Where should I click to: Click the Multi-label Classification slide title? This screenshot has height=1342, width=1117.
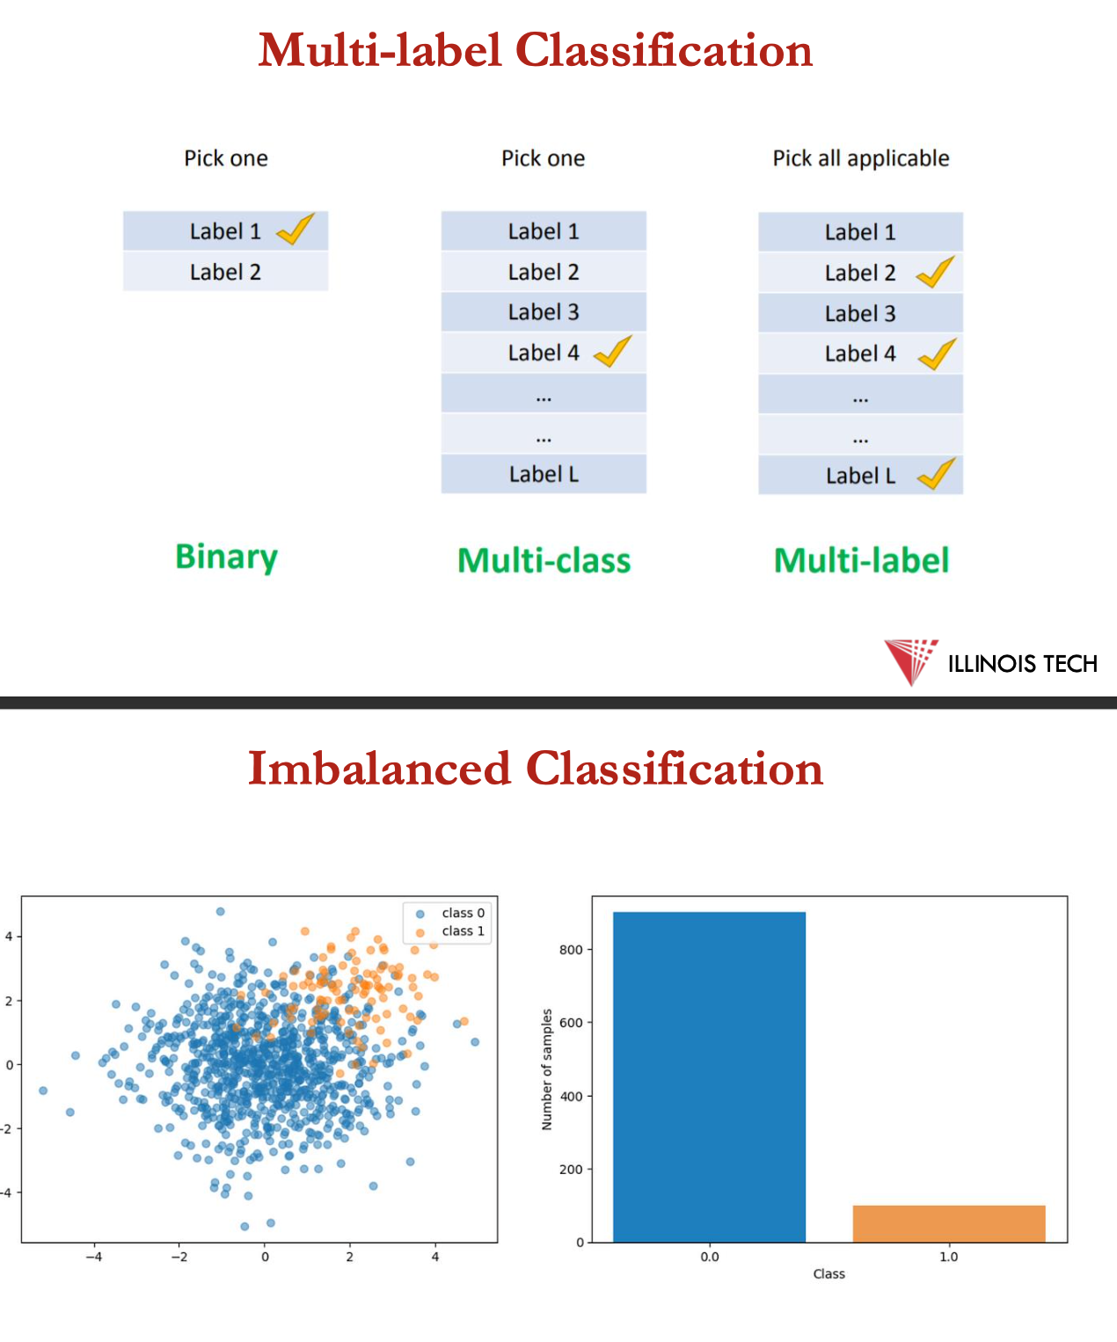pos(535,50)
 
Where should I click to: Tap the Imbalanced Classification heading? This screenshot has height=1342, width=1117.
pos(535,769)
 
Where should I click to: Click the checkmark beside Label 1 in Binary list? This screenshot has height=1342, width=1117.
pos(296,230)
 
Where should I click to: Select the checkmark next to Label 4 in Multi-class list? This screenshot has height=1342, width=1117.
pos(613,351)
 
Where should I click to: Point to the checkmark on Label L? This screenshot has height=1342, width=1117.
pos(937,474)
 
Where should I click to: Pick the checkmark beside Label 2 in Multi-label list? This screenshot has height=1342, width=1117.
pos(936,272)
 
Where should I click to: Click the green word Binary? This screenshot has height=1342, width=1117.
pos(226,558)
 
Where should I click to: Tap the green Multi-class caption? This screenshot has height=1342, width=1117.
pos(544,561)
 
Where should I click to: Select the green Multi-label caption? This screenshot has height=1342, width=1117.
pos(861,561)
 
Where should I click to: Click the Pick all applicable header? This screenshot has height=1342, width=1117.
pos(861,158)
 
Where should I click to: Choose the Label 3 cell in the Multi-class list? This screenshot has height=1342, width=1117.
pos(544,312)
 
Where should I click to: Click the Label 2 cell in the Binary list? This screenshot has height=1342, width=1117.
pos(225,272)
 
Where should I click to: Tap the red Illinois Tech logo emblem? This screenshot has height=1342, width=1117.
pos(911,660)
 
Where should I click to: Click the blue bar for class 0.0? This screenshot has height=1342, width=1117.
pos(709,1076)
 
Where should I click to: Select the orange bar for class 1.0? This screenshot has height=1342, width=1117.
pos(948,1223)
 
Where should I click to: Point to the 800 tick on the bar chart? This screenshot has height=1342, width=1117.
pos(571,950)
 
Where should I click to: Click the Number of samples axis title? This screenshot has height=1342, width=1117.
pos(547,1069)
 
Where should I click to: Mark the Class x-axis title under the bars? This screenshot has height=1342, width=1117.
pos(829,1273)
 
